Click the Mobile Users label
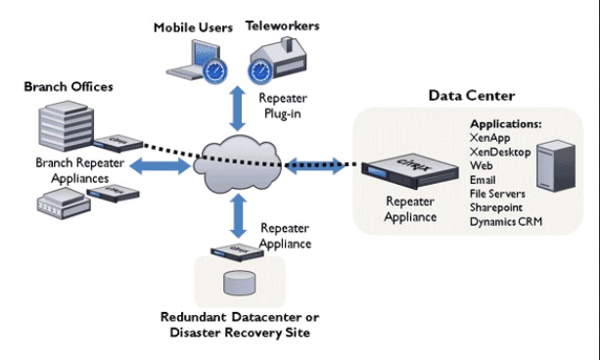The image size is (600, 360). coord(193,27)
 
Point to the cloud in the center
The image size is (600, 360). coord(237,161)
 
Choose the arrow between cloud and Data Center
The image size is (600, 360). coord(315,163)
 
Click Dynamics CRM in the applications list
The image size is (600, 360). coord(506,221)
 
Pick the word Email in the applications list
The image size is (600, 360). coord(485,180)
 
